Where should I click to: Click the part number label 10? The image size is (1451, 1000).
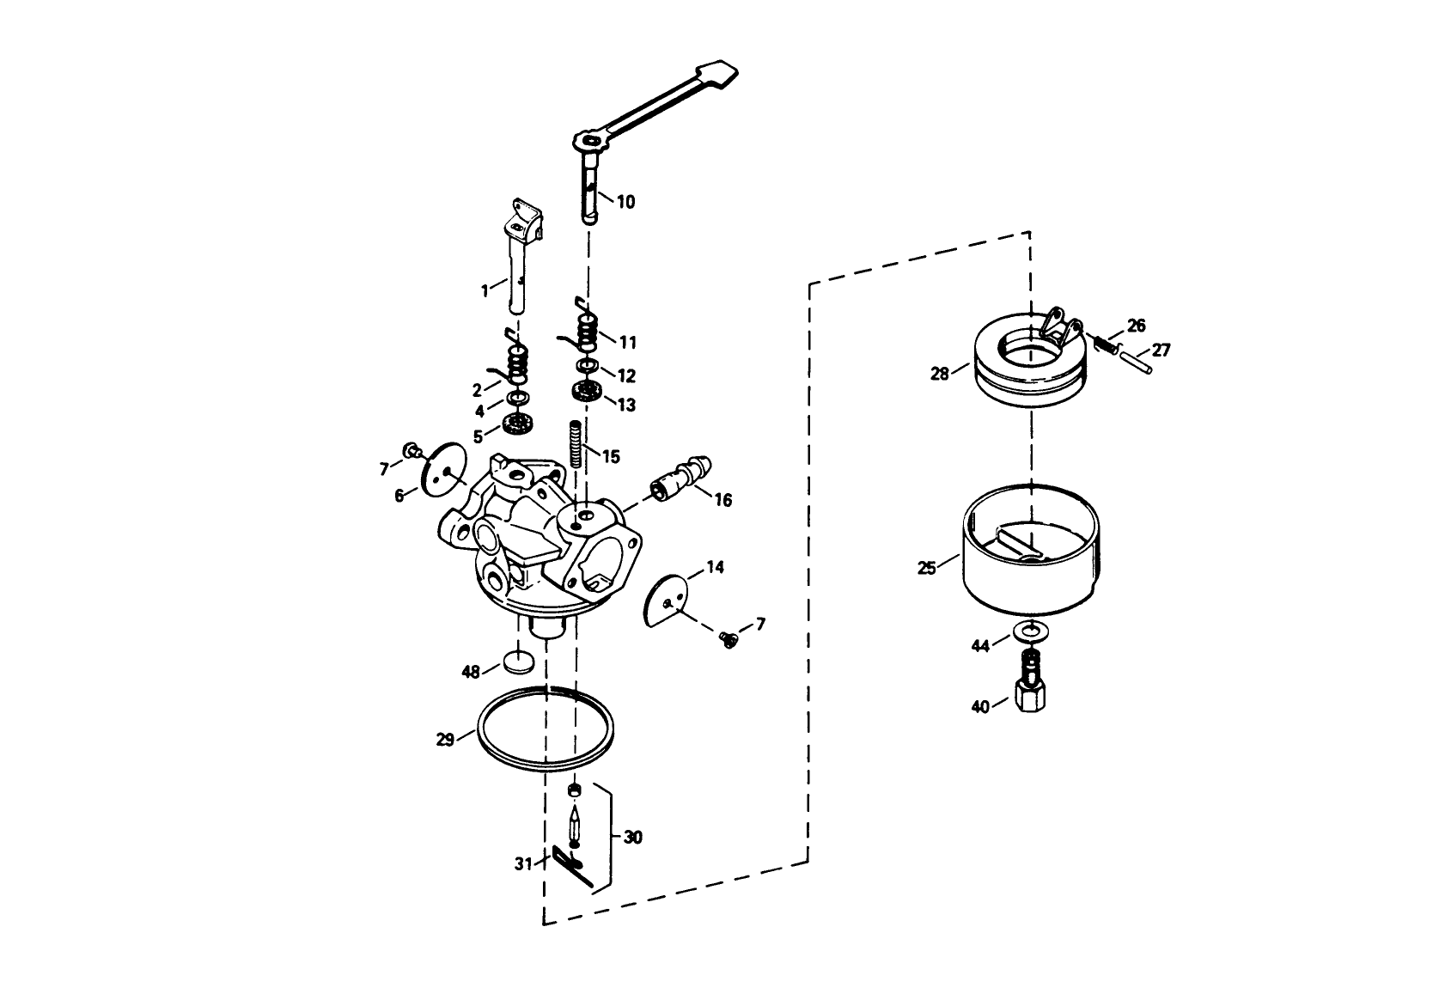tap(625, 202)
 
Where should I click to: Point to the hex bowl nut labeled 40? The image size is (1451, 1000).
tap(1029, 692)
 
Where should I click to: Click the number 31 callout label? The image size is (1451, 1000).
tap(523, 864)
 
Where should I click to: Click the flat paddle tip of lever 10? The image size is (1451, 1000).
tap(720, 72)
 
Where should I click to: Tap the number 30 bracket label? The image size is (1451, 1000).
tap(632, 837)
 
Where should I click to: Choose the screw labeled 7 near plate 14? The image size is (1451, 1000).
tap(729, 639)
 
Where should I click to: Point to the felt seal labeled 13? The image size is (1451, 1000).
tap(587, 393)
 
